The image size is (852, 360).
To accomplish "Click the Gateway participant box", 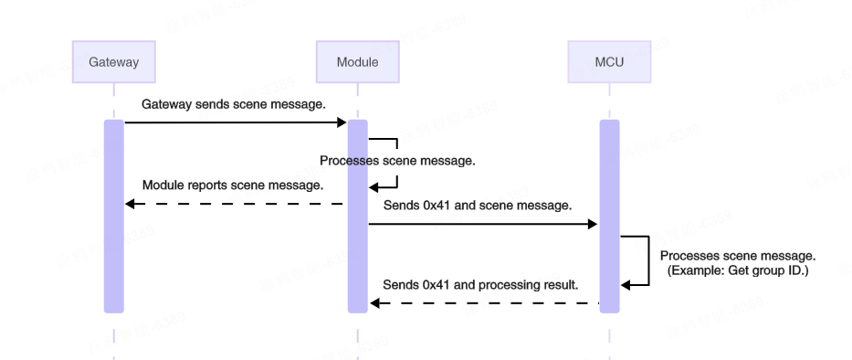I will coord(114,62).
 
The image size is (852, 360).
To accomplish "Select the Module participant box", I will coord(357,62).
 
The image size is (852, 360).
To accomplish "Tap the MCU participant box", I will coord(609,62).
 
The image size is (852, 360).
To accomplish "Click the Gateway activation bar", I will coord(114,216).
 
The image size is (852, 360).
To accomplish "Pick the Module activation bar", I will coord(357,216).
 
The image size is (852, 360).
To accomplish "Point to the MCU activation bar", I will coord(609,216).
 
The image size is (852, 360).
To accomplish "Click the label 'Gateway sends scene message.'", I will coord(234,104).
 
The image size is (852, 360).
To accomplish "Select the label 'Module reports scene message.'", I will coord(233,185).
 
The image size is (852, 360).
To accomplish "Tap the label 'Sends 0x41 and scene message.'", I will coord(478,205).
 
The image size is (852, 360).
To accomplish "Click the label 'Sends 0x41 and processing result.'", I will coord(480,284).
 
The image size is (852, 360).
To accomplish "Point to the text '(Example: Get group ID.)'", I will coord(737,271).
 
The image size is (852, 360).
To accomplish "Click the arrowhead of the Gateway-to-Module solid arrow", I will coord(342,122).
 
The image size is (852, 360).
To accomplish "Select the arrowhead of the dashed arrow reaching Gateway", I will coord(130,204).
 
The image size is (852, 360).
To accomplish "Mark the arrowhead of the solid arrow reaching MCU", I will coord(594,224).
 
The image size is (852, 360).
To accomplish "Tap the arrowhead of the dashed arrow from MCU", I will coord(373,303).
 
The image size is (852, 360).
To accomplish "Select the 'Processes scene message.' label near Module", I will coord(397,160).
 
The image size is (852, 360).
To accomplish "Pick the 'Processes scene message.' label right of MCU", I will coord(737,256).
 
